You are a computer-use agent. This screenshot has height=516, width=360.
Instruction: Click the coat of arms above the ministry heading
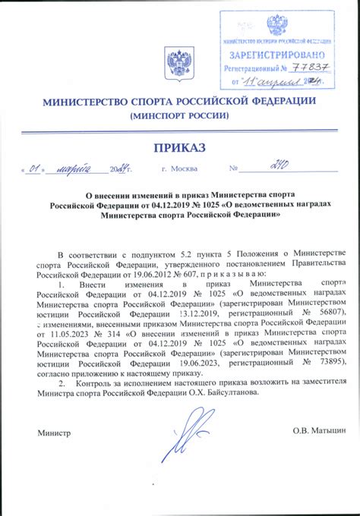click(x=179, y=62)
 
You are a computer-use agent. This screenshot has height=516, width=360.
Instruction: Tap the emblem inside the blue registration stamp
click(x=276, y=27)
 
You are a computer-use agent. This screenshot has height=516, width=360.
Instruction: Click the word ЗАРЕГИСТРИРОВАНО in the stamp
click(x=276, y=55)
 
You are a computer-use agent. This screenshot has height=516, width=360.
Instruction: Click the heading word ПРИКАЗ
click(x=180, y=146)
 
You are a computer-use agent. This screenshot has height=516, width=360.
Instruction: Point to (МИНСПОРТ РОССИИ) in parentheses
click(x=180, y=115)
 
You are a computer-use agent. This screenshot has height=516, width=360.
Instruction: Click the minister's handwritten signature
click(x=183, y=439)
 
